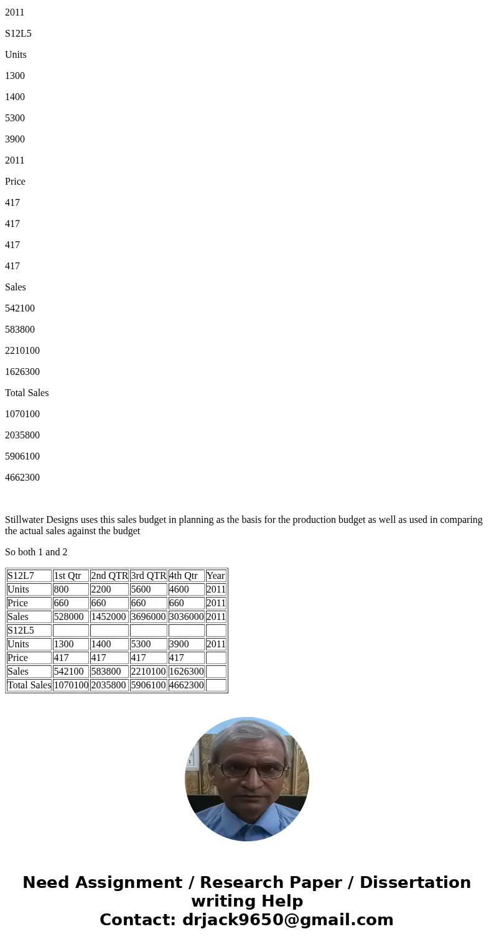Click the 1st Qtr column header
pos(67,576)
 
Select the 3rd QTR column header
pos(148,576)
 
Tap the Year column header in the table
pos(215,576)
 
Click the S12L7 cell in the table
pos(21,576)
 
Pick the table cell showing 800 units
pos(62,589)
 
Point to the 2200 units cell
pos(101,589)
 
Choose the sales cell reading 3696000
pos(148,617)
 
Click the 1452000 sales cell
pos(109,617)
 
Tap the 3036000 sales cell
pos(186,617)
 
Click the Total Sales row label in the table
pos(29,685)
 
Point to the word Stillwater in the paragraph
pos(24,520)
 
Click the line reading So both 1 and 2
pos(36,552)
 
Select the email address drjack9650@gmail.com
pos(287,920)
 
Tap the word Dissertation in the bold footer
pos(415,883)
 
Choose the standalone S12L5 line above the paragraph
pos(18,34)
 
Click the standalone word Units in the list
pos(16,55)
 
